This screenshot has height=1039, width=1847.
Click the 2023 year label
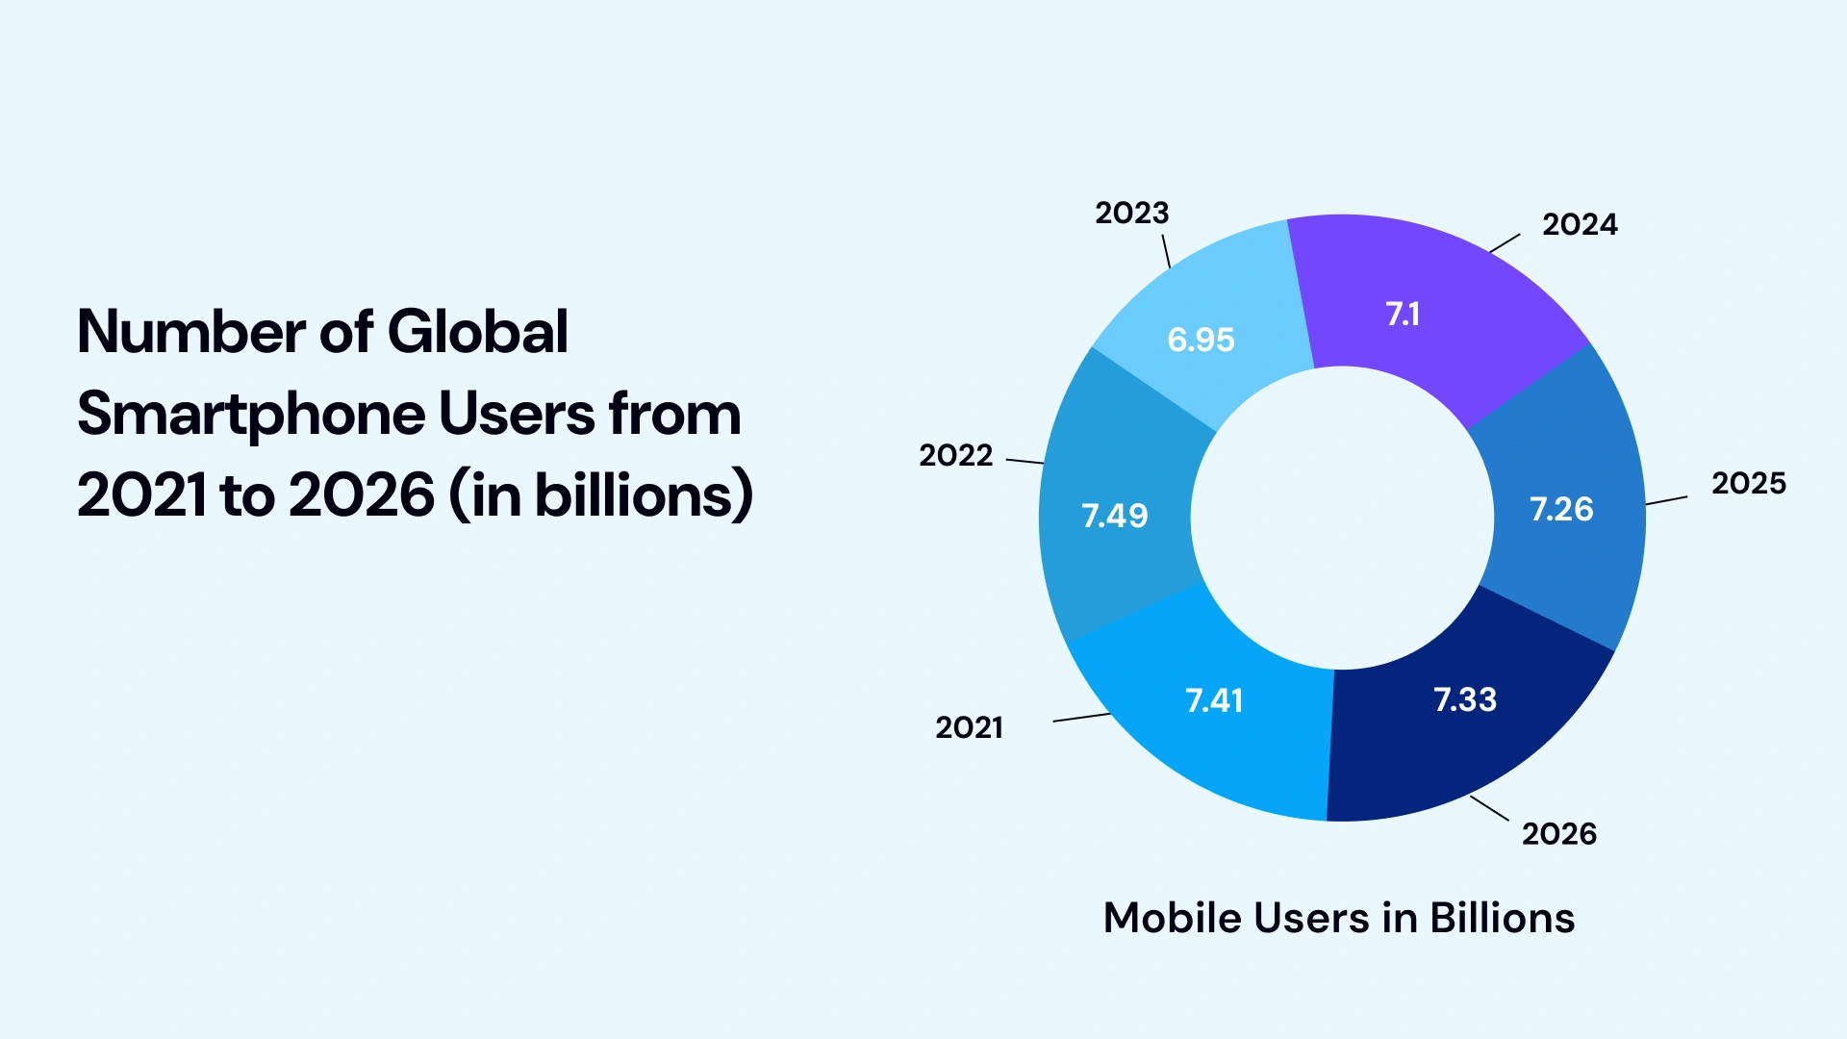(1131, 213)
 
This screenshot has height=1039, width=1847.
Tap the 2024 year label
(1580, 224)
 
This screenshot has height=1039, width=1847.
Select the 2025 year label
(1748, 483)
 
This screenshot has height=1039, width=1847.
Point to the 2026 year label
(1558, 833)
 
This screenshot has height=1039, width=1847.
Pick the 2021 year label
(969, 727)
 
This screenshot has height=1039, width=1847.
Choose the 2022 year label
(955, 455)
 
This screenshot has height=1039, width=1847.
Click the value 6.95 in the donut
(1201, 340)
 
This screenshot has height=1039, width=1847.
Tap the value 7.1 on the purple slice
(1403, 314)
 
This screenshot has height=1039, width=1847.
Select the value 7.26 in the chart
(1561, 509)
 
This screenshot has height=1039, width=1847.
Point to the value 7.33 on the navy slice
(1465, 699)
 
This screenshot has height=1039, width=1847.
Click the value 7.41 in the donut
(1214, 700)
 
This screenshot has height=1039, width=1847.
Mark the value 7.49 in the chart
(1115, 516)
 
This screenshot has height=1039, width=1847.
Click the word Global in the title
(477, 332)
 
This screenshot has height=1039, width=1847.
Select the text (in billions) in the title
(600, 495)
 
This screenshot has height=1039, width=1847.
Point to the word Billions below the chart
(1502, 918)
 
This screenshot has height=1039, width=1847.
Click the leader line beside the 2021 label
(1082, 717)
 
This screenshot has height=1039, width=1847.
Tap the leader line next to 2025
(1666, 500)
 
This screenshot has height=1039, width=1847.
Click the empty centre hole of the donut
(1342, 518)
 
